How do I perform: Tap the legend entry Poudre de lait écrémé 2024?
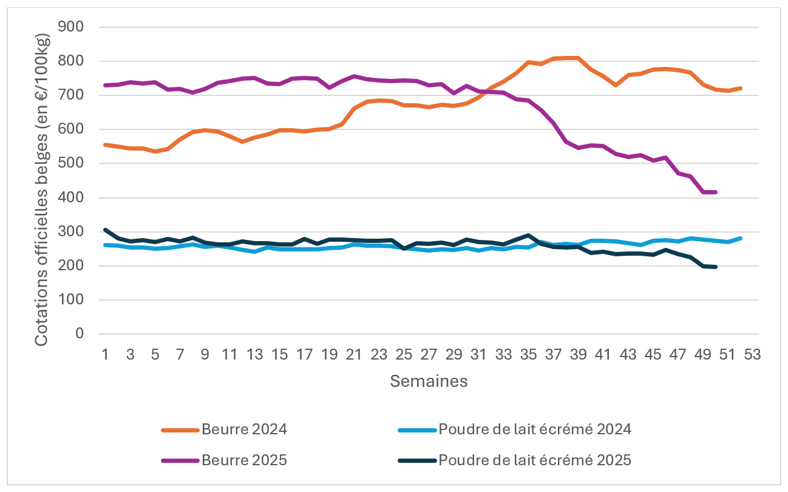pyautogui.click(x=534, y=429)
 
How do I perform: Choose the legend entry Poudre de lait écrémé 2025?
pyautogui.click(x=534, y=460)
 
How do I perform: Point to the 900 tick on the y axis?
pyautogui.click(x=75, y=27)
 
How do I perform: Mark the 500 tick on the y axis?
pyautogui.click(x=75, y=164)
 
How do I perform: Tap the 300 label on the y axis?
pyautogui.click(x=75, y=232)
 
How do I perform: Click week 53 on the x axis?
pyautogui.click(x=752, y=355)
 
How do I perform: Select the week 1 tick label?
pyautogui.click(x=105, y=355)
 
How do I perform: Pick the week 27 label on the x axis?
pyautogui.click(x=429, y=355)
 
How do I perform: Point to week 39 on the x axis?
pyautogui.click(x=578, y=355)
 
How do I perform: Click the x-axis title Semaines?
pyautogui.click(x=429, y=381)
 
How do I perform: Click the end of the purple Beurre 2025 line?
pyautogui.click(x=716, y=192)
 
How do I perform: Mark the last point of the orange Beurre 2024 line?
pyautogui.click(x=741, y=88)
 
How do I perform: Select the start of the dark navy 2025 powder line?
pyautogui.click(x=105, y=230)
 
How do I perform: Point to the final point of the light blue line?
pyautogui.click(x=741, y=238)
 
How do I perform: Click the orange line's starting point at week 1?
pyautogui.click(x=105, y=145)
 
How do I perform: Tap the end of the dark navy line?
pyautogui.click(x=716, y=267)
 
